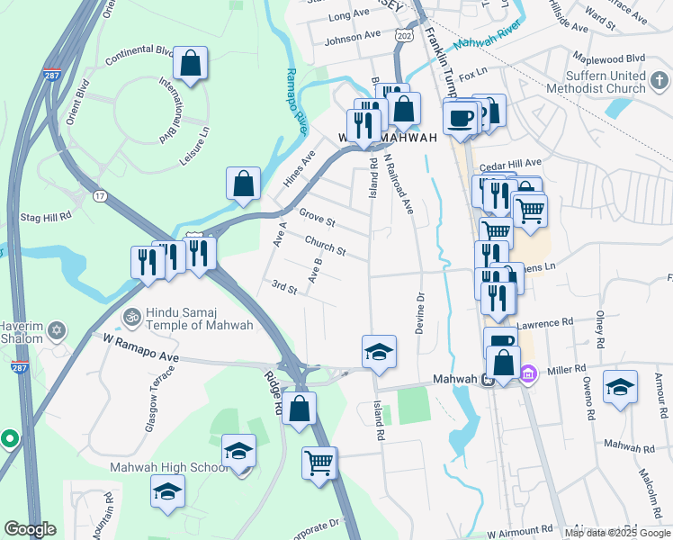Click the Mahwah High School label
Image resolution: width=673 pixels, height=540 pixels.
(x=169, y=467)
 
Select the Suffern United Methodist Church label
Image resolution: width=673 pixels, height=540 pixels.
(x=601, y=82)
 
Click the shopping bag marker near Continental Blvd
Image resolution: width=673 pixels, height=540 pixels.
(x=190, y=63)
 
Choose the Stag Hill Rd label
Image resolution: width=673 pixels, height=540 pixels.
(x=44, y=218)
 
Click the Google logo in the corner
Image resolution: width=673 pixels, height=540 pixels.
(x=30, y=529)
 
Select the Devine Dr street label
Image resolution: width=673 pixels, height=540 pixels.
(x=420, y=314)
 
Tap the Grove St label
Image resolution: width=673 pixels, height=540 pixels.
(x=317, y=218)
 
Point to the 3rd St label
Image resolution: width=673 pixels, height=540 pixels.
(x=284, y=287)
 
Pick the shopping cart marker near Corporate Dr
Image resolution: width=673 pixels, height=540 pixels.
(x=319, y=463)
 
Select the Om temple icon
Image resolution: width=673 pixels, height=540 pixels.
(x=131, y=318)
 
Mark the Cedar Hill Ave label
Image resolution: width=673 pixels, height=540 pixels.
(x=508, y=166)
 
